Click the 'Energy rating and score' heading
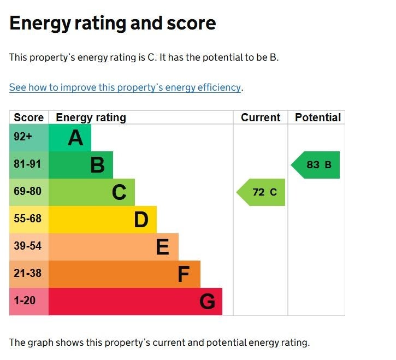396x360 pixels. click(x=113, y=23)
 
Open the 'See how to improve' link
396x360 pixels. click(x=125, y=87)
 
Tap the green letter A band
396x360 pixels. click(x=70, y=138)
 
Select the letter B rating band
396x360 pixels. click(x=81, y=165)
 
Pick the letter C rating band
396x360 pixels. click(x=92, y=192)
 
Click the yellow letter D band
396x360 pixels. click(x=103, y=220)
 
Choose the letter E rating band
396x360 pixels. click(x=114, y=247)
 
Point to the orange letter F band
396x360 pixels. click(x=125, y=274)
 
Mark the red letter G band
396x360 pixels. click(x=135, y=302)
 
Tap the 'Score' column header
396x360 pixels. click(x=28, y=117)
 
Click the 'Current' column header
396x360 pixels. click(x=261, y=117)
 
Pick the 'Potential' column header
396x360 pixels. click(x=317, y=117)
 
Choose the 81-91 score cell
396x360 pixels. click(x=28, y=164)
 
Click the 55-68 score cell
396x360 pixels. click(x=28, y=219)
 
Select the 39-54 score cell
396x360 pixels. click(x=28, y=246)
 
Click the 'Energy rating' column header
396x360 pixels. click(x=91, y=117)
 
